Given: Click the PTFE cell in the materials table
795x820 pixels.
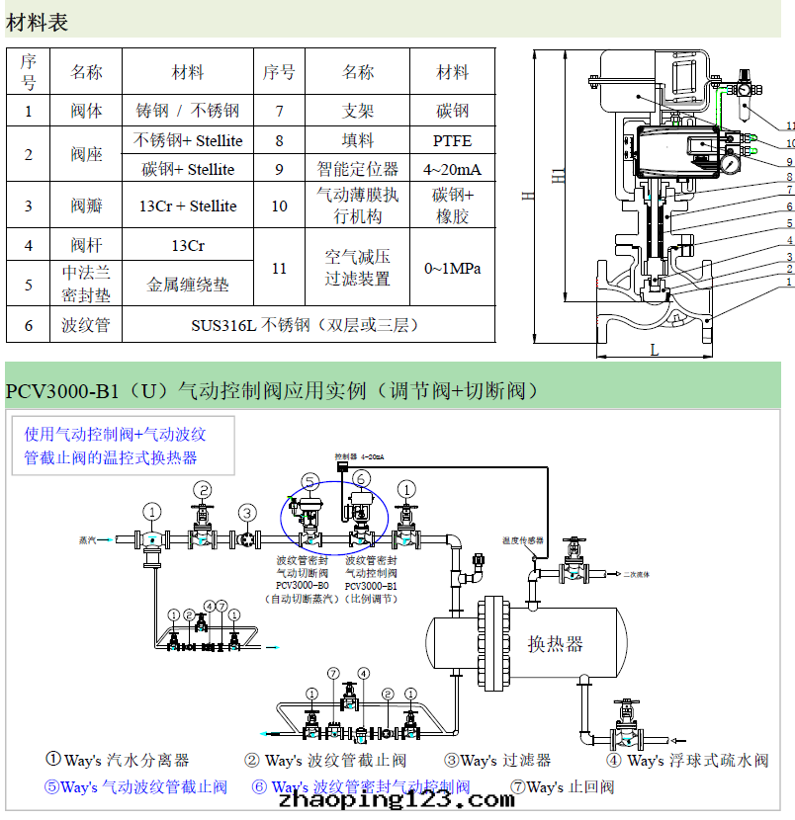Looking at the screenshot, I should point(452,140).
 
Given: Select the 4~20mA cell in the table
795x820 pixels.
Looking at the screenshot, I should point(452,169).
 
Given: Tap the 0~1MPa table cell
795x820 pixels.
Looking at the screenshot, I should point(452,268).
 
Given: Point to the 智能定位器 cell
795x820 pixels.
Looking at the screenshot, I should point(358,169).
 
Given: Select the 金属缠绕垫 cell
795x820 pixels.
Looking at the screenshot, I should point(188,285).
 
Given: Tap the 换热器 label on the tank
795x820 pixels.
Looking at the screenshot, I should point(555,644).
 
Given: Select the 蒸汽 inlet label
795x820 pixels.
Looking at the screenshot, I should point(89,540).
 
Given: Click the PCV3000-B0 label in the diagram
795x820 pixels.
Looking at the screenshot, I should point(302,585).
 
